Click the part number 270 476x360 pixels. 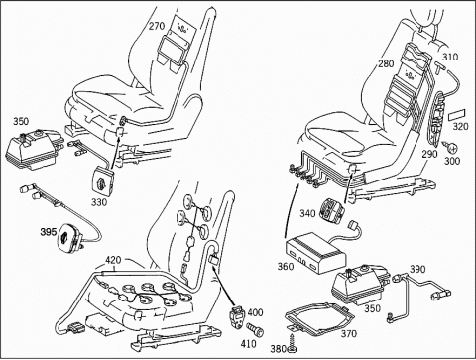tap(157, 26)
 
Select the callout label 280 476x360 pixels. tap(386, 63)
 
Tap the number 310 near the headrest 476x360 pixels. tap(450, 57)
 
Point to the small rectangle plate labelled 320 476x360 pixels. tap(456, 116)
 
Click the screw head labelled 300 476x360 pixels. tap(451, 148)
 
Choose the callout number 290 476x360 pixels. tap(429, 154)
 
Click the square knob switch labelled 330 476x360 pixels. tap(103, 180)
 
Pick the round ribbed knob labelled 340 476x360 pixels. tap(332, 209)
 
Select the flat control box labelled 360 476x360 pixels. tap(315, 253)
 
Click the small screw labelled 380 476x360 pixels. tap(292, 343)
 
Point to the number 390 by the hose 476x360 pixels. tap(417, 269)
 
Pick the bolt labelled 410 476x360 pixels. tap(255, 329)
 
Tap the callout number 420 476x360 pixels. tap(113, 260)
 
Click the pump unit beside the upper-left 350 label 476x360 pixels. tap(34, 150)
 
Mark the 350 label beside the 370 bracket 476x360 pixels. tap(372, 308)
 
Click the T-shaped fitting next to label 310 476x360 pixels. tap(439, 67)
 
